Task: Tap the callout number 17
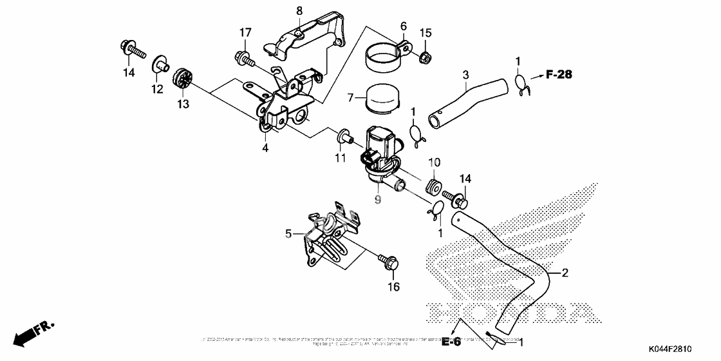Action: [x=245, y=32]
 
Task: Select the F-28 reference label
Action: [x=558, y=75]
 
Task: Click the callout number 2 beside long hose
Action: [x=565, y=273]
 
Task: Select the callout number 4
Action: [x=265, y=148]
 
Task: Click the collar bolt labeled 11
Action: [x=346, y=137]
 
